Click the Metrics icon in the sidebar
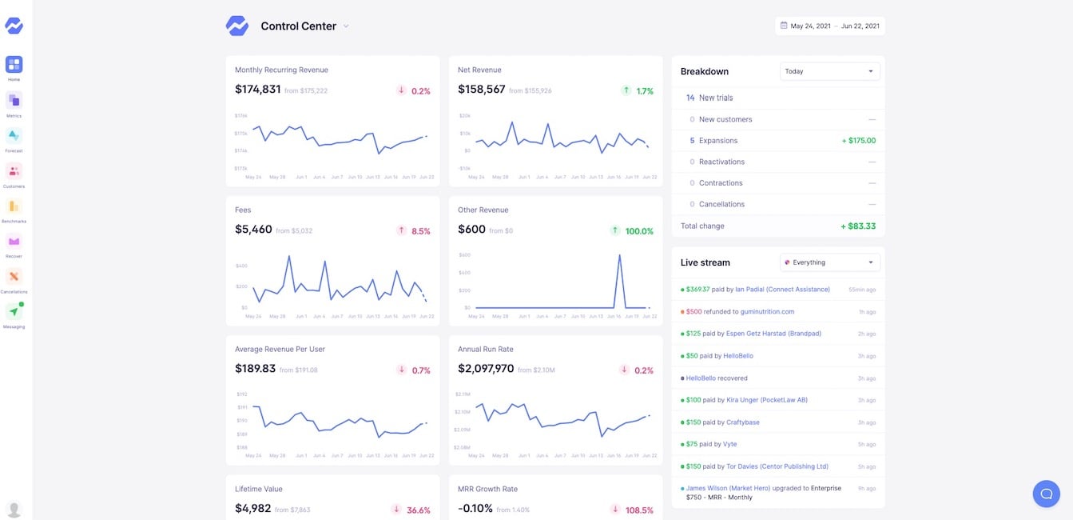pyautogui.click(x=14, y=100)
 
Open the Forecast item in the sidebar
pyautogui.click(x=14, y=135)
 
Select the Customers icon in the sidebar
pyautogui.click(x=14, y=170)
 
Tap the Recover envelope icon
pyautogui.click(x=14, y=241)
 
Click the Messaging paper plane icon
pyautogui.click(x=14, y=311)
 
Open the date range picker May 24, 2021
pyautogui.click(x=829, y=26)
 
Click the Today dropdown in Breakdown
pyautogui.click(x=829, y=71)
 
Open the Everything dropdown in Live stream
pyautogui.click(x=829, y=262)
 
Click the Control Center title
pyautogui.click(x=298, y=26)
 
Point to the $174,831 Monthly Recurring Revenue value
pyautogui.click(x=257, y=90)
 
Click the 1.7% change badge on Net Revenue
pyautogui.click(x=644, y=91)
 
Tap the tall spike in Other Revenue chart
pyautogui.click(x=619, y=256)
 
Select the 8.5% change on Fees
pyautogui.click(x=420, y=231)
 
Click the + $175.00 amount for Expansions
pyautogui.click(x=858, y=141)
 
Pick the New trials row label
pyautogui.click(x=715, y=98)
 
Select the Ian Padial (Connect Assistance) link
pyautogui.click(x=782, y=289)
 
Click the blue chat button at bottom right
pyautogui.click(x=1046, y=494)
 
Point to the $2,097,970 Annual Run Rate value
pyautogui.click(x=486, y=369)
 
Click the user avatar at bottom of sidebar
pyautogui.click(x=14, y=509)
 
